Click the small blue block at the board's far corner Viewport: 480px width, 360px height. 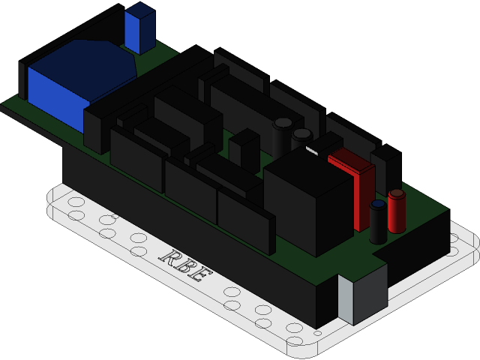(139, 30)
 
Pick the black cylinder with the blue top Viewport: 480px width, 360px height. (378, 223)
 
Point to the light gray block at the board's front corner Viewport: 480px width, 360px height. (346, 299)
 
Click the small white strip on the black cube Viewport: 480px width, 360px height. (311, 151)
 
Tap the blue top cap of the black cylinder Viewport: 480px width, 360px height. (378, 204)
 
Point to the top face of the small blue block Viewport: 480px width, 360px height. (140, 10)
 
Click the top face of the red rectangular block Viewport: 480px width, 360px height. (351, 160)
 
